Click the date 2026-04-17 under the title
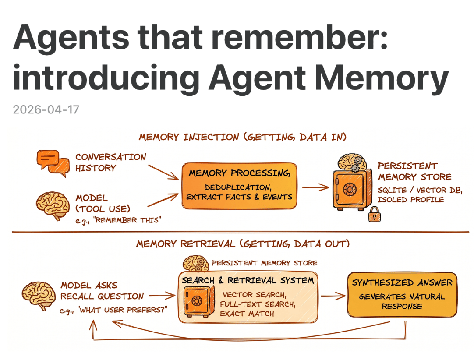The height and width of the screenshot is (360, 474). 46,109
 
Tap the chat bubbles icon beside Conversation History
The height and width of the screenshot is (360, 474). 52,162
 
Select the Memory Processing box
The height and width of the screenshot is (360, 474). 239,185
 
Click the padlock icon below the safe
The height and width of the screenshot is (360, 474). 374,215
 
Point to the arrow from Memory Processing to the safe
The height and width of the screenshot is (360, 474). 315,187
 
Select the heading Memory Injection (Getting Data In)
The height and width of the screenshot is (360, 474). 243,137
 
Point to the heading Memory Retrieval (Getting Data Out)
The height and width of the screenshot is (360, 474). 243,244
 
